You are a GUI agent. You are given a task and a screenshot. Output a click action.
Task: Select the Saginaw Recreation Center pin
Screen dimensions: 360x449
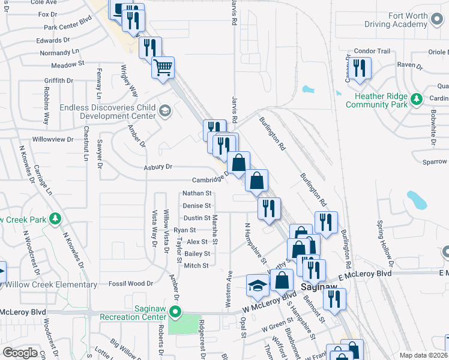pyautogui.click(x=175, y=311)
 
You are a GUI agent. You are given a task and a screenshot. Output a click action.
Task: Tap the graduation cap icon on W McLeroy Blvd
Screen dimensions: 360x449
pyautogui.click(x=258, y=286)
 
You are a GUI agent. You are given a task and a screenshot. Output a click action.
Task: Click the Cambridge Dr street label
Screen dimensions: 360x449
pyautogui.click(x=211, y=179)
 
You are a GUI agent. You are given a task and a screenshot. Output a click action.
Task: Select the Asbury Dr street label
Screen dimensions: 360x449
pyautogui.click(x=158, y=167)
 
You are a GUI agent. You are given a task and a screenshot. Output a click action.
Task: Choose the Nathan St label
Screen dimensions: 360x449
pyautogui.click(x=197, y=193)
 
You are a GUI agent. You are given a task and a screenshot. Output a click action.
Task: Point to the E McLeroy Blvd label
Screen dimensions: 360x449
pyautogui.click(x=364, y=274)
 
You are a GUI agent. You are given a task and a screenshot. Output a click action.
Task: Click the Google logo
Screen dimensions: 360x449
pyautogui.click(x=20, y=353)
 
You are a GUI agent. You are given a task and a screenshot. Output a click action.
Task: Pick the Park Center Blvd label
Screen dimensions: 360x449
pyautogui.click(x=67, y=27)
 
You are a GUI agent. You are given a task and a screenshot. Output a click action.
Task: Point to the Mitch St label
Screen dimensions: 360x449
pyautogui.click(x=196, y=265)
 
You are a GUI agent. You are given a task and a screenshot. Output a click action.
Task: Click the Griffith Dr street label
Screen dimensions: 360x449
pyautogui.click(x=58, y=80)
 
